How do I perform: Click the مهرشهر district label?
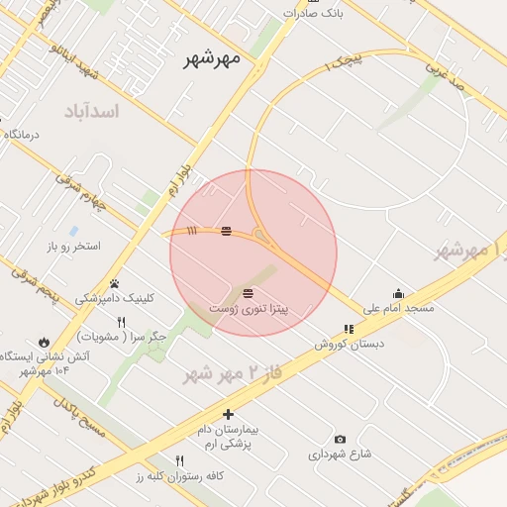(x=213, y=58)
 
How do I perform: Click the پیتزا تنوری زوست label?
(x=248, y=310)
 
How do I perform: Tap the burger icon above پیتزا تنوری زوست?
(x=248, y=293)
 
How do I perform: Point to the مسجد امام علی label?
(x=398, y=309)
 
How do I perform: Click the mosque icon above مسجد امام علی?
(x=398, y=293)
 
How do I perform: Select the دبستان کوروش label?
(x=349, y=345)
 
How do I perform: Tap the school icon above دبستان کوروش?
(x=349, y=329)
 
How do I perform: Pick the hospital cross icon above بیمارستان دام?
(x=229, y=414)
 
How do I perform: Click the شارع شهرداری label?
(x=339, y=455)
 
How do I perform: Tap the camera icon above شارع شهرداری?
(x=341, y=439)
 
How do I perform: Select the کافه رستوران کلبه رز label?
(x=181, y=476)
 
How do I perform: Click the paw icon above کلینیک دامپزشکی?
(x=115, y=283)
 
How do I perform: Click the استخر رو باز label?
(x=74, y=246)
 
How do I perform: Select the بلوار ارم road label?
(x=177, y=180)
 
